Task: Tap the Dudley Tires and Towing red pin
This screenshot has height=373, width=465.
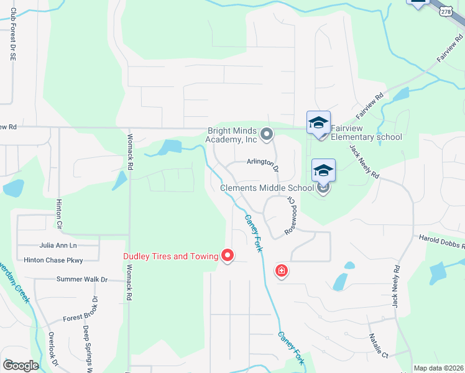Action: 228,255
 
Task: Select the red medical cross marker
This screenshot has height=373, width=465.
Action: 282,271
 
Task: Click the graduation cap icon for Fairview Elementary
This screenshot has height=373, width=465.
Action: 318,122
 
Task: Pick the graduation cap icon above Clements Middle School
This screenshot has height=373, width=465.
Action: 323,170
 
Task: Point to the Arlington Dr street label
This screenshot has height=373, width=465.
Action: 263,163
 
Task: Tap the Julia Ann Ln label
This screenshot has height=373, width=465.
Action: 58,246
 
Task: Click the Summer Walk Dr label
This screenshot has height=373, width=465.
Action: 82,280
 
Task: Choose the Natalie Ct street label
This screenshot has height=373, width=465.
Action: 377,346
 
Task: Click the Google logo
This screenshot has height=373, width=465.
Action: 21,366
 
